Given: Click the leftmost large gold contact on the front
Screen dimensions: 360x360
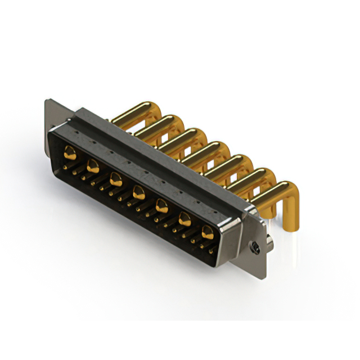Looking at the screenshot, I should [x=70, y=151].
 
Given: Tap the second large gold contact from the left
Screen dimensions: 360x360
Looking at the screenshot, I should [x=93, y=165].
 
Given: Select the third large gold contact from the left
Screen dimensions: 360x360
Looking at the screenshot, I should [x=116, y=179].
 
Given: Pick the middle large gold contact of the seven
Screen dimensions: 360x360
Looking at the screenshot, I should [x=138, y=193].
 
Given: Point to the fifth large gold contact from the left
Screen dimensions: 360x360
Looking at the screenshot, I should [x=161, y=206].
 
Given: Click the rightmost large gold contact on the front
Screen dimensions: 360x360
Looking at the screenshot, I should [x=208, y=232].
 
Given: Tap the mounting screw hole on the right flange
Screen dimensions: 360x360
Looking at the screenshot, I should [x=256, y=246].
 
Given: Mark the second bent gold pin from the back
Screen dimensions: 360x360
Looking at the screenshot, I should [x=160, y=122].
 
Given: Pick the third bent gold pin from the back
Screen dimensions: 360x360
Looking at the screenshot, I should [x=183, y=135].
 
